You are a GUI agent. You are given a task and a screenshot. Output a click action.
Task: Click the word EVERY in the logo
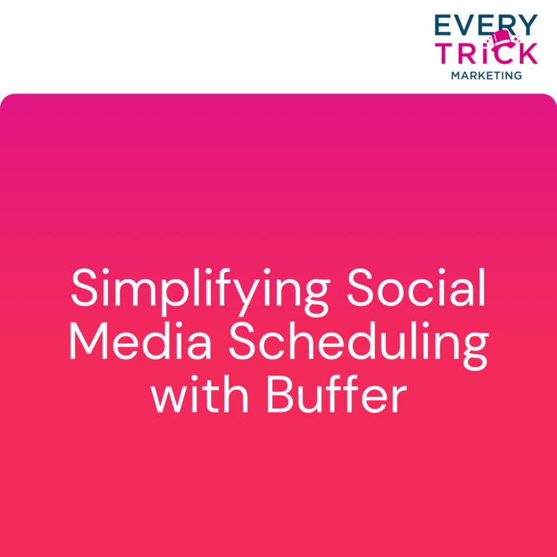click(487, 25)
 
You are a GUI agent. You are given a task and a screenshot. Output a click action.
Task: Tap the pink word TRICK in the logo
click(486, 53)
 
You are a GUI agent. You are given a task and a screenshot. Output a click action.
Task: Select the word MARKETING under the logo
click(487, 75)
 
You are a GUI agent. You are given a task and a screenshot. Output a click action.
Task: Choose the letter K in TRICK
click(527, 53)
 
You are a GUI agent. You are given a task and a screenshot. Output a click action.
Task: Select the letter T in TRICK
click(443, 53)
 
